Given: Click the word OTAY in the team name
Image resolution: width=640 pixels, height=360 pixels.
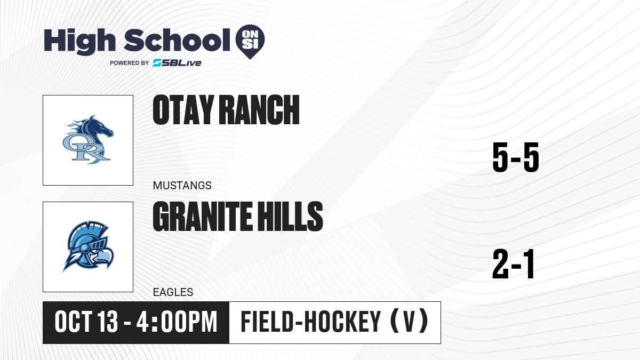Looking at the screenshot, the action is [x=183, y=110].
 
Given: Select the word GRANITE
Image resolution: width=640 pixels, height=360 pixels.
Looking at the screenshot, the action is [x=203, y=217].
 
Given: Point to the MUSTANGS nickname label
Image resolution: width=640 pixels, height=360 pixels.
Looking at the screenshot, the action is [x=182, y=186].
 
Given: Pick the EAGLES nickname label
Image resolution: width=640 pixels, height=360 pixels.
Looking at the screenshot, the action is [x=173, y=292].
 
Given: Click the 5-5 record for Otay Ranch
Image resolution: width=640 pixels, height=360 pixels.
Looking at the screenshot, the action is [x=516, y=157].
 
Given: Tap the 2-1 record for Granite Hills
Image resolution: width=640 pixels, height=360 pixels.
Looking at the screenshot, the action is [x=514, y=263].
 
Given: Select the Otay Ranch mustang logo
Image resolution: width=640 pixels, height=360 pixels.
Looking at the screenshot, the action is [x=88, y=140].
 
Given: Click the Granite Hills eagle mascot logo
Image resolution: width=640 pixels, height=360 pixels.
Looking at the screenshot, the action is [x=88, y=246].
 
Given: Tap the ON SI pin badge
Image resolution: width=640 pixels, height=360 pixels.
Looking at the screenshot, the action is [x=250, y=42].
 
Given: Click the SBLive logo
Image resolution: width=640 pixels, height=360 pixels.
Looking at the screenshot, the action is [x=177, y=63].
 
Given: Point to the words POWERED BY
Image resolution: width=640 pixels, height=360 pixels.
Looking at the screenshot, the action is [x=130, y=63].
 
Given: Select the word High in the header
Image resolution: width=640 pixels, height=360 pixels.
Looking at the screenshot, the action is [x=80, y=41].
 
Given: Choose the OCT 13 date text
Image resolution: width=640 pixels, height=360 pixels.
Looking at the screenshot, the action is [x=86, y=322].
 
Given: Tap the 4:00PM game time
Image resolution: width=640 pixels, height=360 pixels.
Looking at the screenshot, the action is [x=177, y=322].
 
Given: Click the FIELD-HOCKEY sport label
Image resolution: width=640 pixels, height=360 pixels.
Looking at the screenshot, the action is [x=311, y=322].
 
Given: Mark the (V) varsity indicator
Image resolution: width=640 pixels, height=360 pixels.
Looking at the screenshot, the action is [x=409, y=322].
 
